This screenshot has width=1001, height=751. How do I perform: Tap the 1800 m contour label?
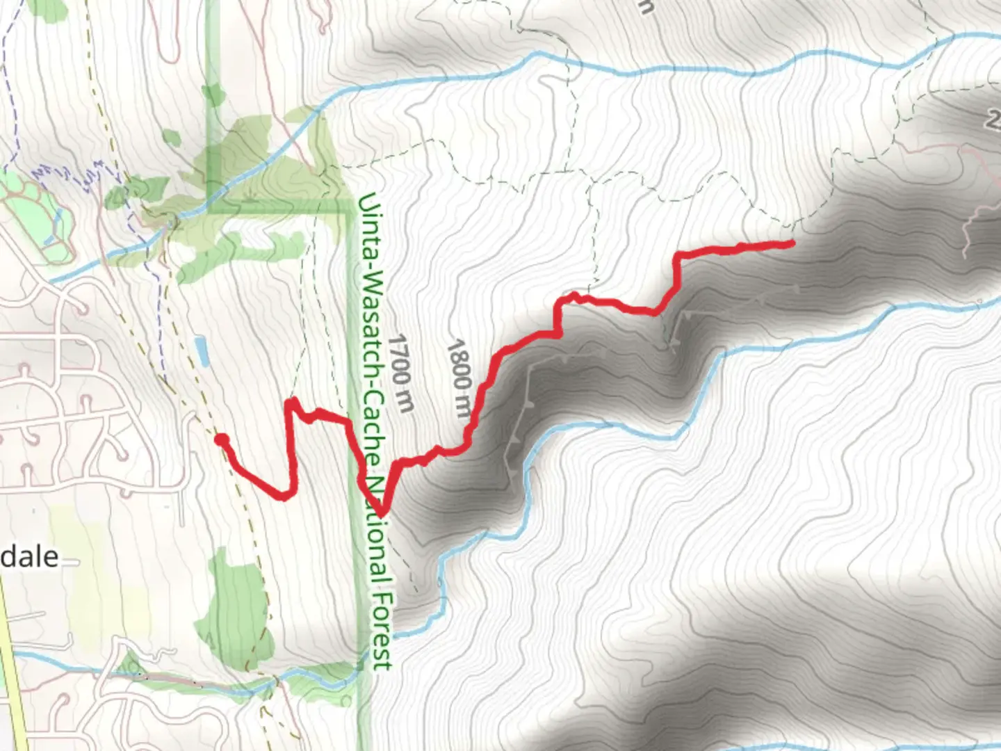(459, 378)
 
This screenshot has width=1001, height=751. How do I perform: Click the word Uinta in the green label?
(367, 213)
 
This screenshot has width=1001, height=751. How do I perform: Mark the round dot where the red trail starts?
(222, 439)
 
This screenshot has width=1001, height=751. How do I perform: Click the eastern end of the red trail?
(792, 243)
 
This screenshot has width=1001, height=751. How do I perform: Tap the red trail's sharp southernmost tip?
(382, 514)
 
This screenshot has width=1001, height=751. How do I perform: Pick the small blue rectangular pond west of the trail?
(202, 351)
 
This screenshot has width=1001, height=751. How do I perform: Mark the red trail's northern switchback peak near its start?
(292, 402)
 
